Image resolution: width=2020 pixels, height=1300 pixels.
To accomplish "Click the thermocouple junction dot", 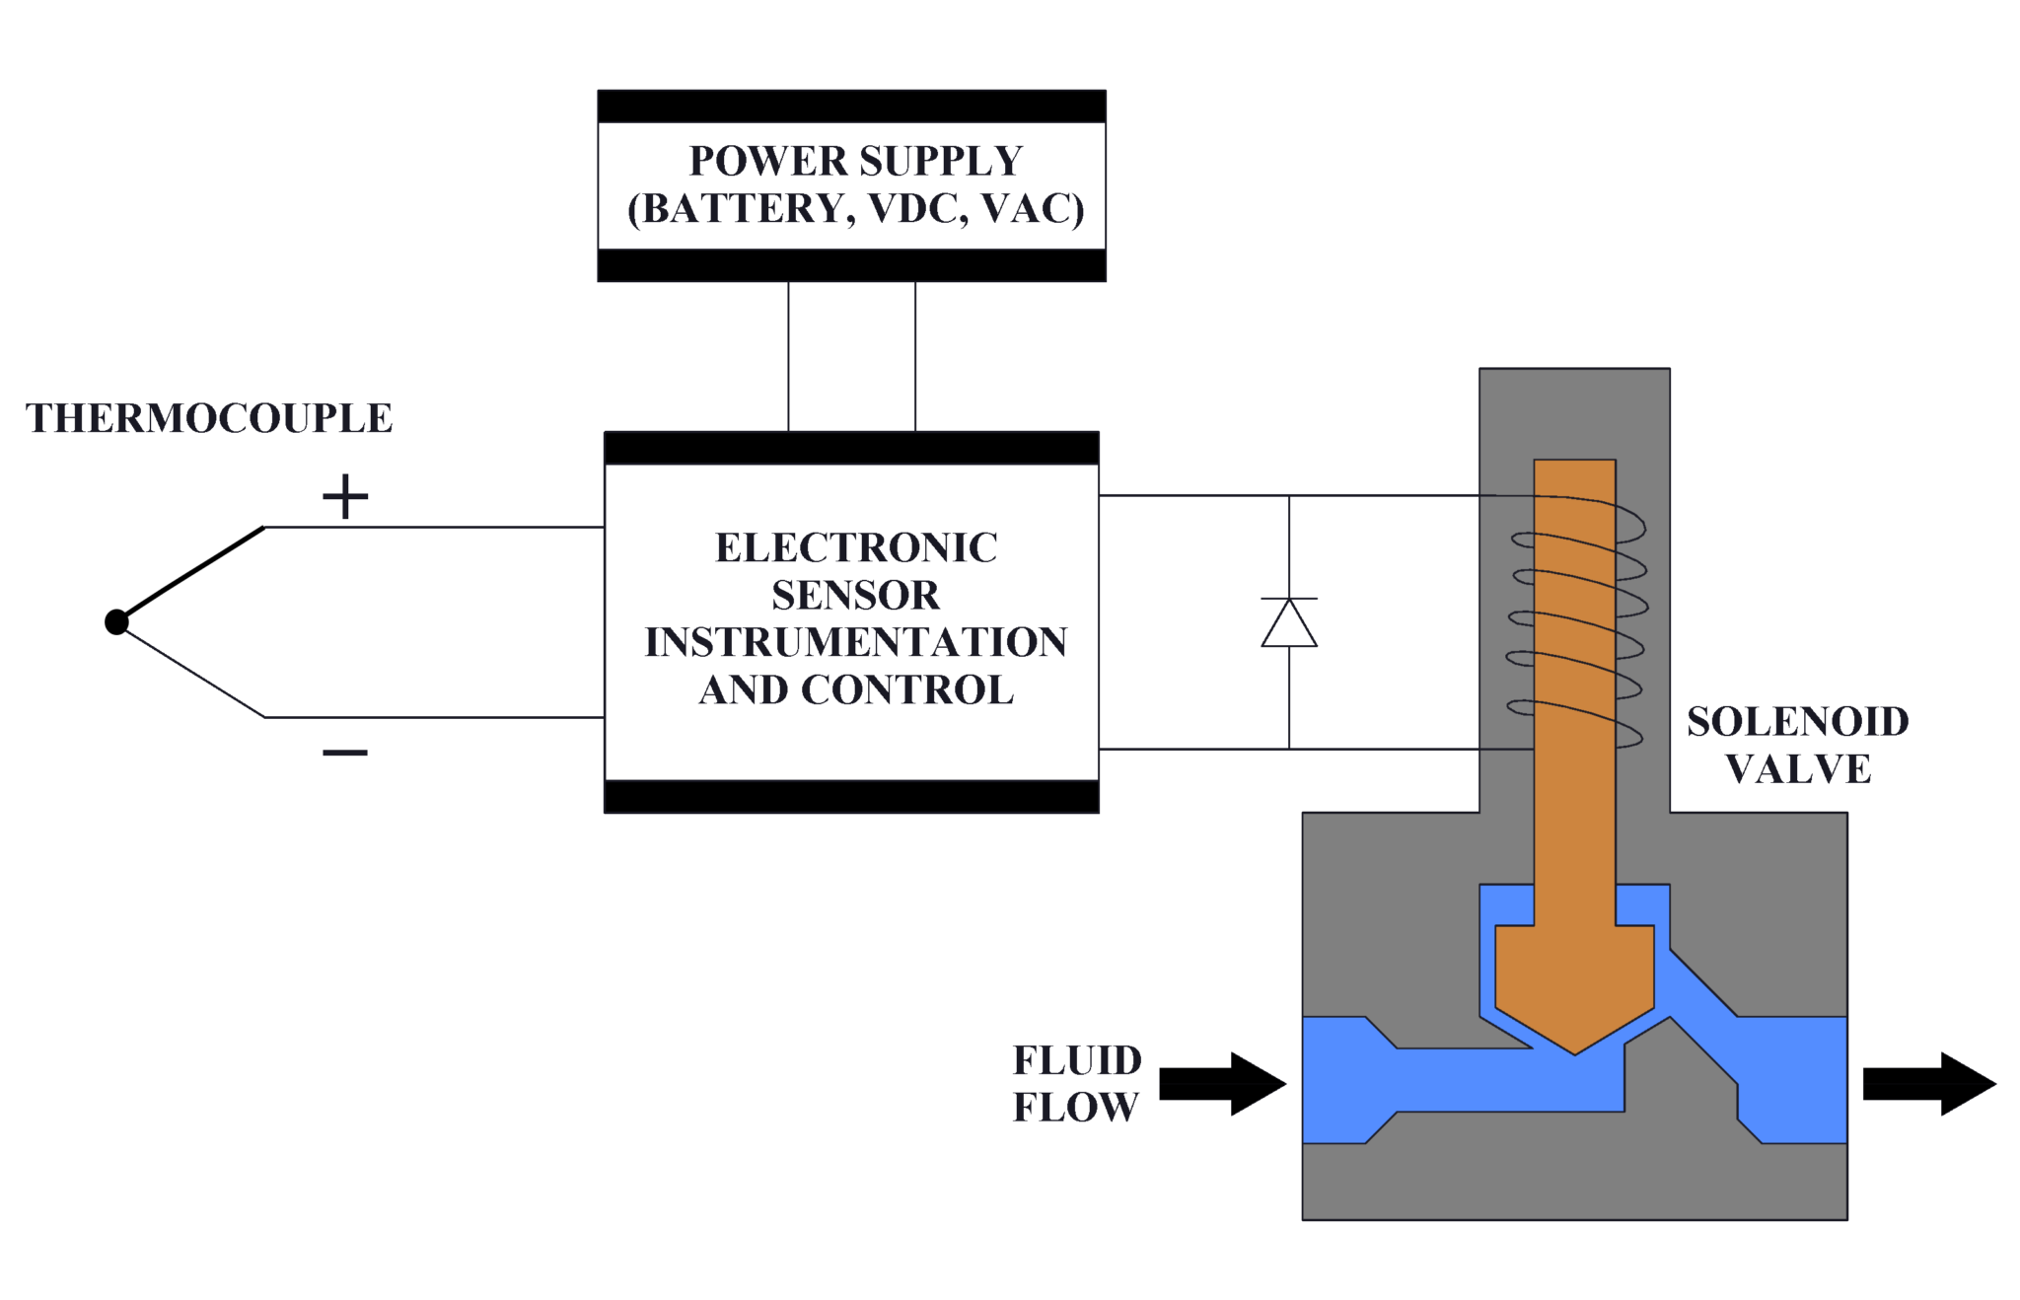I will coord(116,621).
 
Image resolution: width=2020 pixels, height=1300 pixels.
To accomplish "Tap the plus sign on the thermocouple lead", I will coord(345,496).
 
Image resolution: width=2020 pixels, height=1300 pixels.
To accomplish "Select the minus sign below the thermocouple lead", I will coord(345,753).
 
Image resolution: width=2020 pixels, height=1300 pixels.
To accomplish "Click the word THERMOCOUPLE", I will coord(209,418).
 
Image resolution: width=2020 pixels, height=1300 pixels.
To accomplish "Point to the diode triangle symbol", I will coord(1288,623).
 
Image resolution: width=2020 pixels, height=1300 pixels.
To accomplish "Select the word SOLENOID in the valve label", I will coord(1797,722).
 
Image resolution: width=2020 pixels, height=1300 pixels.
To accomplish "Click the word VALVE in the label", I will coord(1797,769).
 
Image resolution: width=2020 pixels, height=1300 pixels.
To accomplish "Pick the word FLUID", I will coord(1077,1060).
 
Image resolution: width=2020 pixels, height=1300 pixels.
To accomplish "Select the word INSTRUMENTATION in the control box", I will coord(855,642).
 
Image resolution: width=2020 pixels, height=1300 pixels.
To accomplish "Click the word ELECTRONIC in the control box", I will coord(855,547).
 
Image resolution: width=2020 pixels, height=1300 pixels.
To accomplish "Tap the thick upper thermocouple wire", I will coord(192,573).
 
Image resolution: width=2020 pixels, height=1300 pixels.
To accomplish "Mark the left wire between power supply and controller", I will coord(788,356).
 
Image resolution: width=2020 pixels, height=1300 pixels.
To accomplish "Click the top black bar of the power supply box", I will coord(851,107).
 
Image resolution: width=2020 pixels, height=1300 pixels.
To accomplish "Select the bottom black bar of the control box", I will coord(851,796).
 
